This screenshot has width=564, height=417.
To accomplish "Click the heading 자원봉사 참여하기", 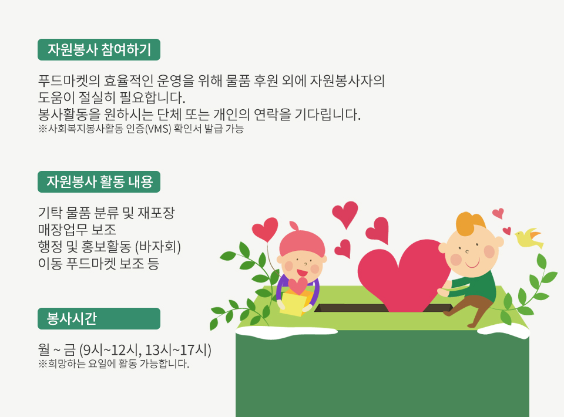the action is [x=99, y=49].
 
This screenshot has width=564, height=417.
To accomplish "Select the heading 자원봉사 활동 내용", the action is [x=99, y=181].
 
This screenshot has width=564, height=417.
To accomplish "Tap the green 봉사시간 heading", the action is [x=99, y=318].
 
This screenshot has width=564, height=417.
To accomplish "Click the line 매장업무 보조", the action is [x=77, y=230].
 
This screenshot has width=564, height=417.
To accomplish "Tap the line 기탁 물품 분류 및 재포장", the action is [x=106, y=213].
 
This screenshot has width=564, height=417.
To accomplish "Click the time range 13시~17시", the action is [x=178, y=350].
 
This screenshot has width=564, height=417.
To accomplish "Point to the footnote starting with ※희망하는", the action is [x=113, y=364].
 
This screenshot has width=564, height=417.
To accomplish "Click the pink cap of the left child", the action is [x=302, y=240].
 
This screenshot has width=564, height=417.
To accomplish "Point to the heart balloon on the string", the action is [x=265, y=229].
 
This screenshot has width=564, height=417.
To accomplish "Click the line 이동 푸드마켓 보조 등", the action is [x=99, y=264].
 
